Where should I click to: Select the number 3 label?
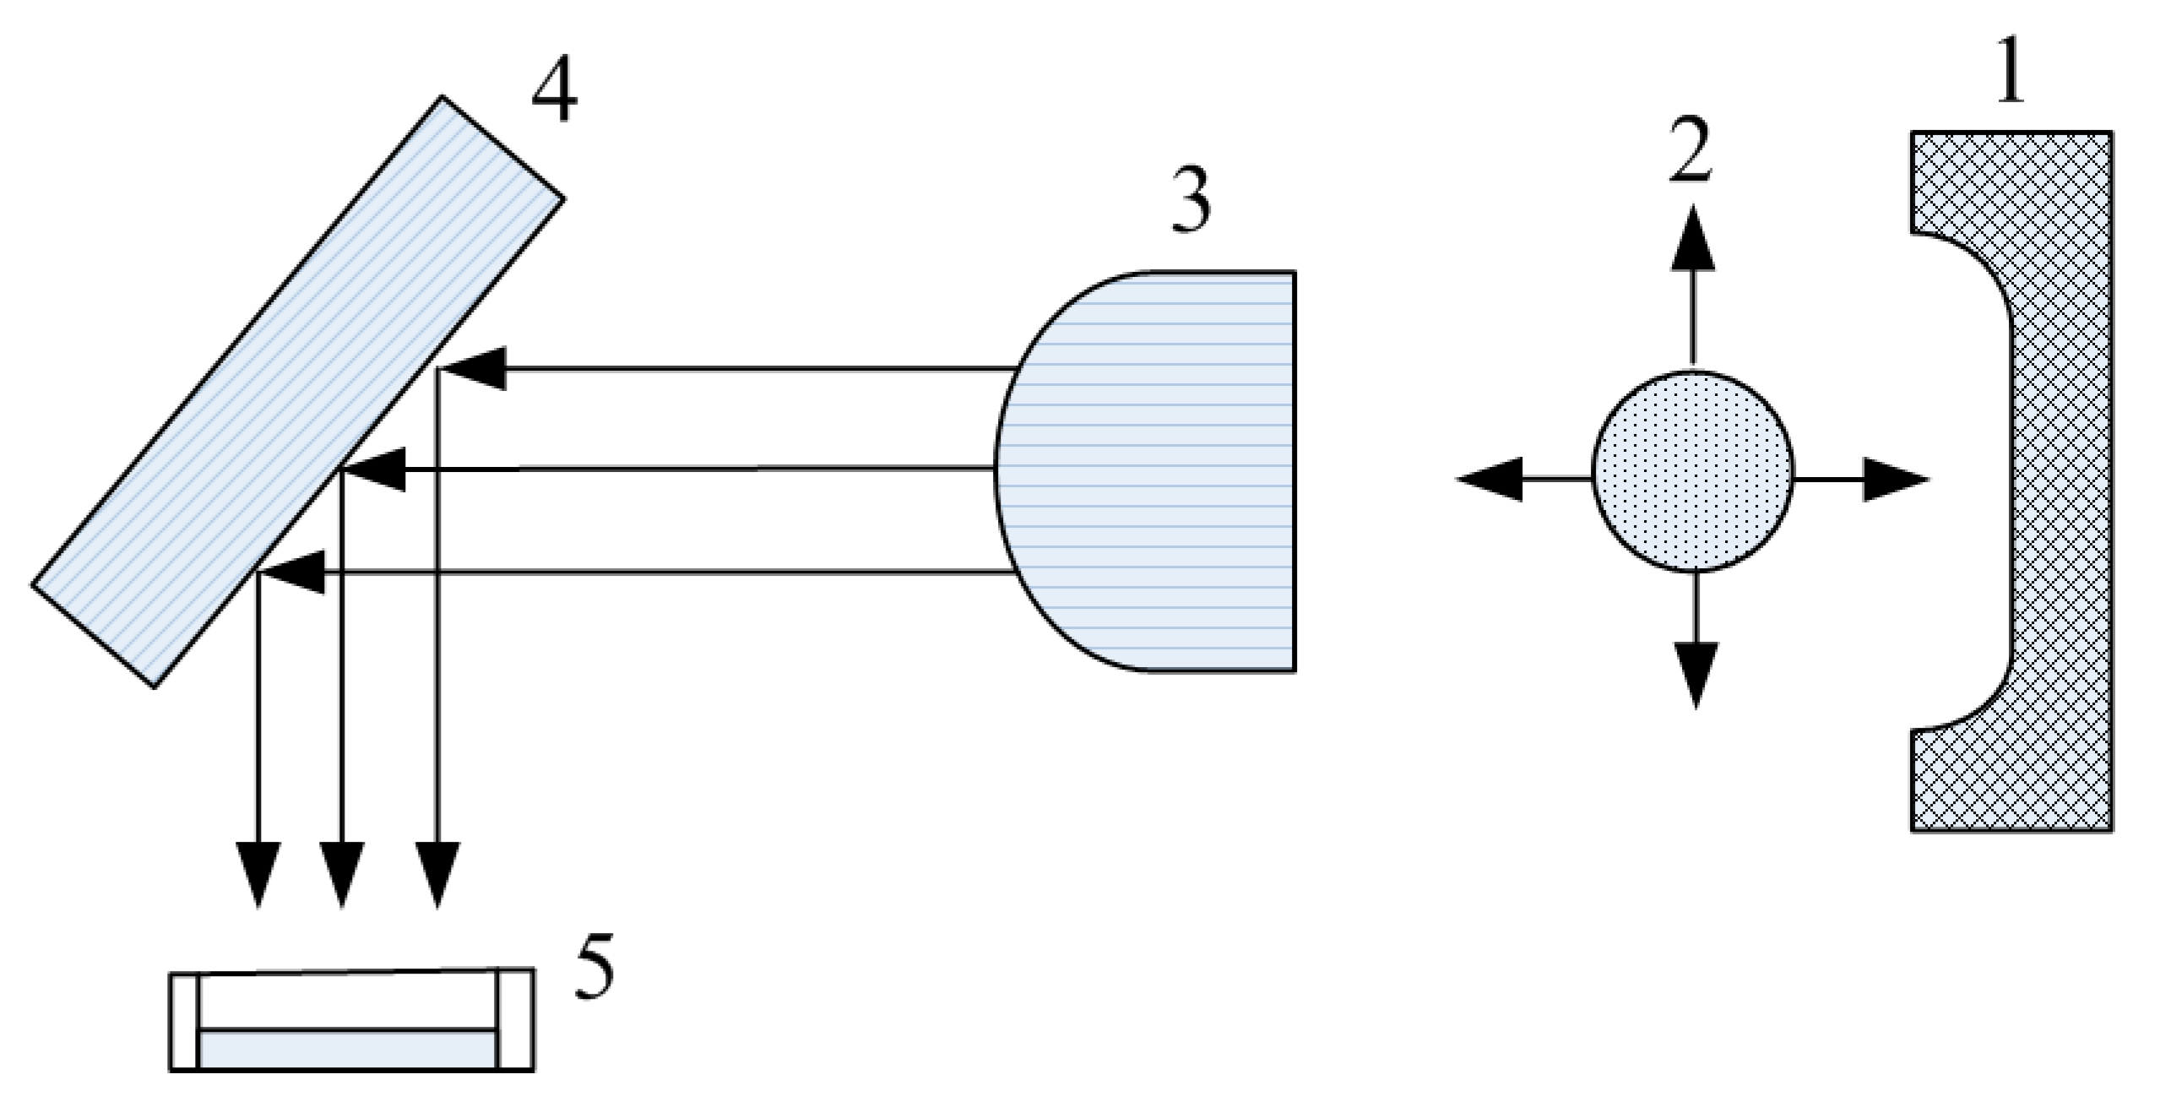[x=1191, y=201]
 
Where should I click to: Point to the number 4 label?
[x=555, y=95]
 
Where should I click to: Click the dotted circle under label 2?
[x=1692, y=472]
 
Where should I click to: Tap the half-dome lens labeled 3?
[x=1165, y=472]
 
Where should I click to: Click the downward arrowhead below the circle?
[x=1696, y=671]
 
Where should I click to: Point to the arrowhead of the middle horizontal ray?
[x=375, y=469]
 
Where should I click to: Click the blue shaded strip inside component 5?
[x=347, y=1050]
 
